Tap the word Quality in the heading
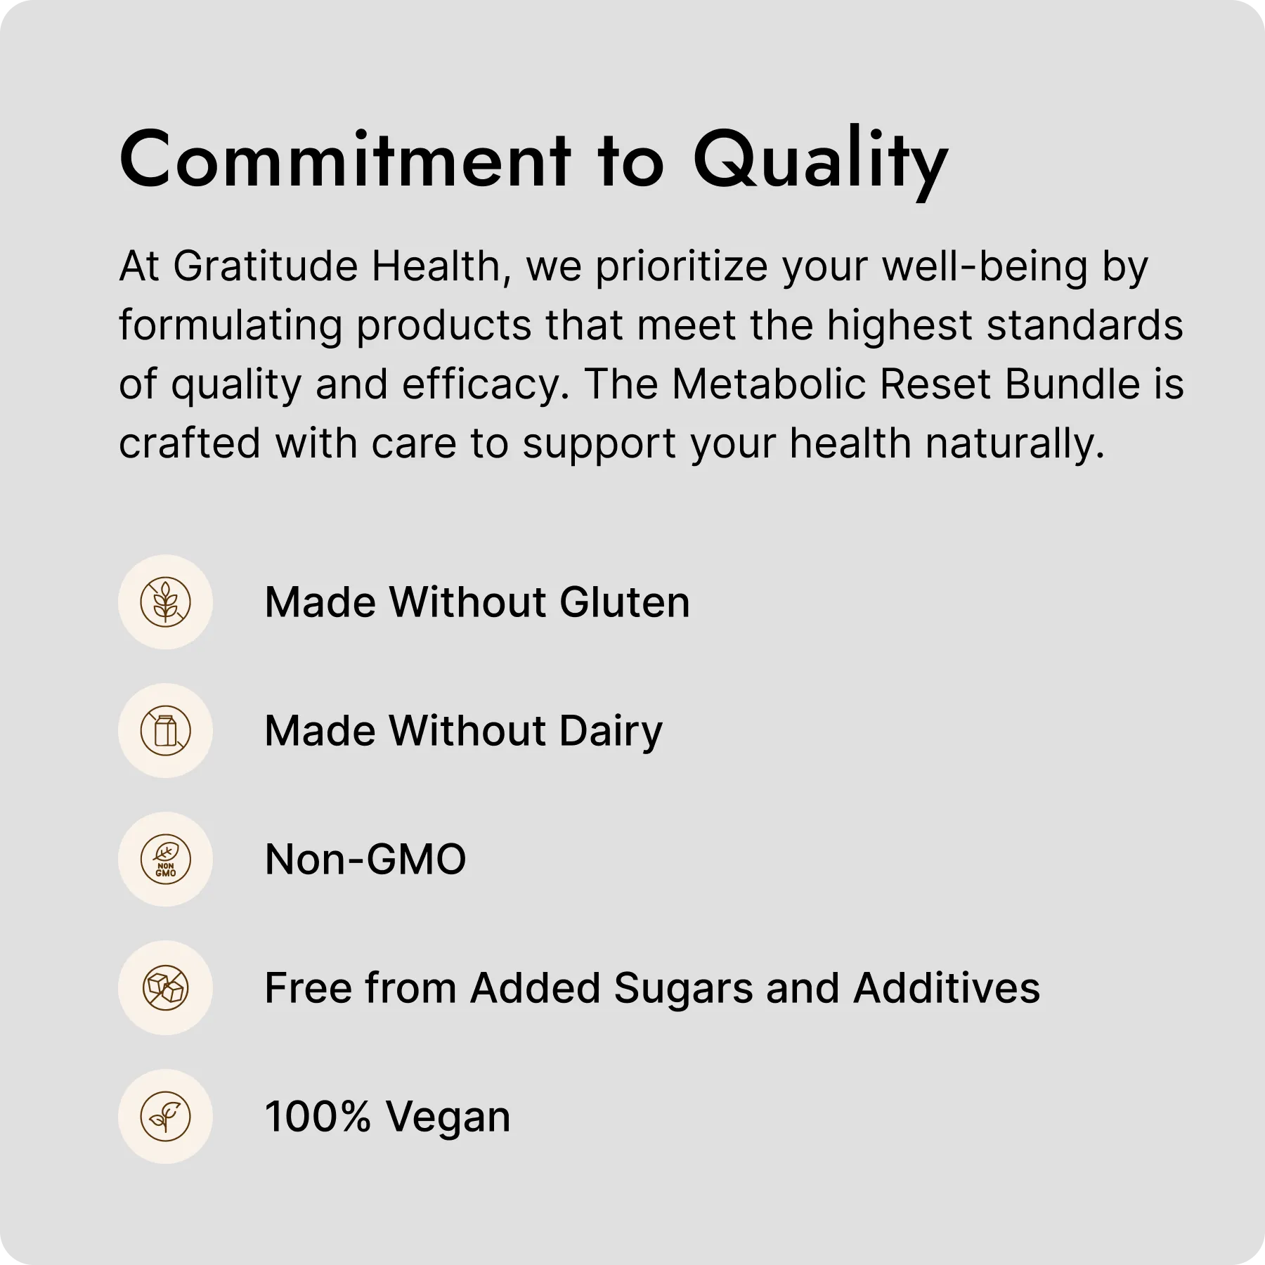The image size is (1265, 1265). tap(821, 163)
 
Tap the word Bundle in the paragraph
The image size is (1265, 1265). tap(1072, 384)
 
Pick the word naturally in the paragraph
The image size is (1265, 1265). tap(1016, 445)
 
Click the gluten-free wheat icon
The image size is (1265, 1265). tap(165, 602)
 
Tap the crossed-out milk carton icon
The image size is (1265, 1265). tap(165, 731)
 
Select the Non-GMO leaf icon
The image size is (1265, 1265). tap(165, 859)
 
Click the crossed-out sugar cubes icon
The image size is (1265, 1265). tap(165, 988)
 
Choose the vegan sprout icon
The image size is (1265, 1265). tap(165, 1117)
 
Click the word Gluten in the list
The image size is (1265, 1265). tap(625, 602)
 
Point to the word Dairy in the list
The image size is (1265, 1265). tap(611, 732)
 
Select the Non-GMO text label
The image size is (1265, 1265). tap(365, 859)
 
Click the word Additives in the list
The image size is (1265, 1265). tap(947, 988)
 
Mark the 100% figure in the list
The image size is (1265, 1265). tap(318, 1117)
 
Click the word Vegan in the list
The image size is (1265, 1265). tap(448, 1118)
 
